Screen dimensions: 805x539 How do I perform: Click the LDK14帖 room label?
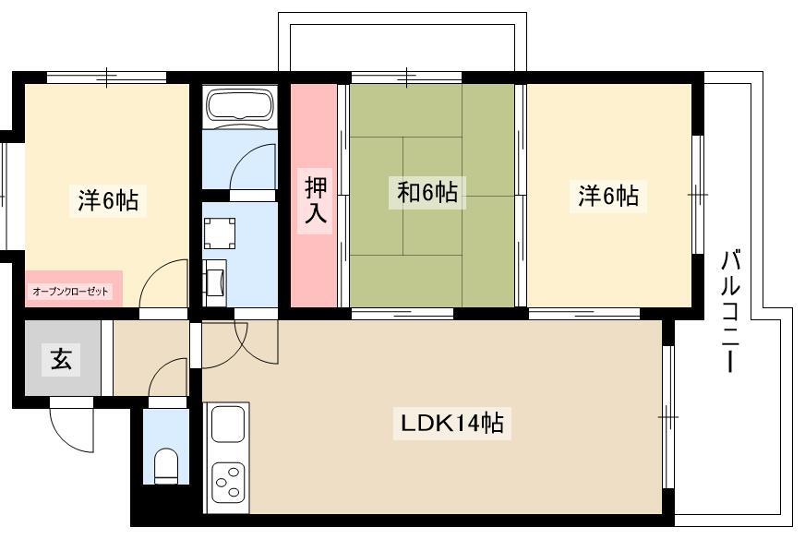pos(451,424)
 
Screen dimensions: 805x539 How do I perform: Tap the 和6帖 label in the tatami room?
pos(427,192)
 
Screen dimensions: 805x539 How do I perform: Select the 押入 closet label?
pos(315,200)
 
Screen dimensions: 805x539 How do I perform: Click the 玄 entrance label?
pos(61,359)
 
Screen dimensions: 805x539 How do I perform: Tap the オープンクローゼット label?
pos(71,292)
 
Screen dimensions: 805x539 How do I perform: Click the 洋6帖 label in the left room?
pos(108,199)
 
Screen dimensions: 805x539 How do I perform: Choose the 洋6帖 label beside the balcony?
pos(607,196)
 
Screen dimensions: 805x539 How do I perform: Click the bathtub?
pos(239,105)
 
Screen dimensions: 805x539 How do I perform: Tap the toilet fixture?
pos(166,465)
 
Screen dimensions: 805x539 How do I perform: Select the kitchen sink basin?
pos(227,424)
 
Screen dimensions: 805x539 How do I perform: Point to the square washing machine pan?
pos(220,234)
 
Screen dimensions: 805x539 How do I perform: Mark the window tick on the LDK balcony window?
pos(668,417)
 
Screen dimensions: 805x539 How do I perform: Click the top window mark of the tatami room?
pos(406,78)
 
